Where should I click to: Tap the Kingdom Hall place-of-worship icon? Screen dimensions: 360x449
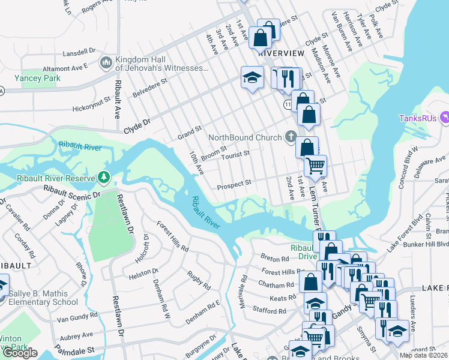click(x=106, y=62)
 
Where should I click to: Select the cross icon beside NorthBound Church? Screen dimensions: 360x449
click(x=291, y=137)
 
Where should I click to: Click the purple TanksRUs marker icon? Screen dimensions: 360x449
click(x=444, y=118)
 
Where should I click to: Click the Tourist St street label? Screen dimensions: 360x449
click(x=235, y=154)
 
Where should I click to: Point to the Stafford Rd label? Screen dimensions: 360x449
click(x=270, y=311)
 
